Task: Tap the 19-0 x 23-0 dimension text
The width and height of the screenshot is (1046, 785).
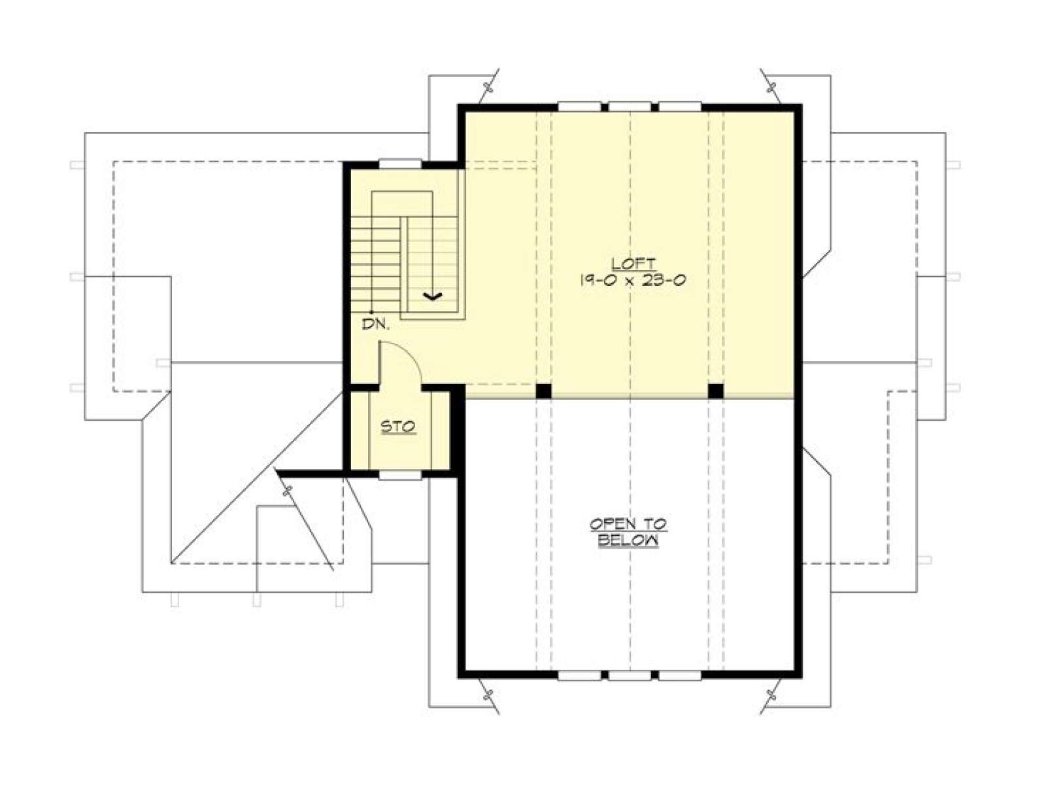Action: pyautogui.click(x=632, y=280)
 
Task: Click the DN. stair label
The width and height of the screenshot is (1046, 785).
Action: pyautogui.click(x=376, y=325)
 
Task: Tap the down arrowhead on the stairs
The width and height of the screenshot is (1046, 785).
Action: pyautogui.click(x=432, y=297)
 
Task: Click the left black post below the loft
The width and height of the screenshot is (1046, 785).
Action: pyautogui.click(x=543, y=391)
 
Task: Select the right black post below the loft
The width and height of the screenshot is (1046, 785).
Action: pyautogui.click(x=715, y=391)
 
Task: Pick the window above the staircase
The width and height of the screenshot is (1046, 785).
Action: pyautogui.click(x=400, y=164)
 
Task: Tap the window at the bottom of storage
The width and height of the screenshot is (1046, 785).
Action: pyautogui.click(x=400, y=475)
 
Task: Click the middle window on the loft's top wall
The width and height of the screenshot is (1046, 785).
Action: pyautogui.click(x=630, y=106)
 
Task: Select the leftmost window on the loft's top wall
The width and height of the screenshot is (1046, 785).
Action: pyautogui.click(x=579, y=106)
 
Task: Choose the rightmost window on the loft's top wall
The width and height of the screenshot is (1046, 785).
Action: pyautogui.click(x=679, y=106)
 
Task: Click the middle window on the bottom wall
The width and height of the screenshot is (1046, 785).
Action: pyautogui.click(x=630, y=675)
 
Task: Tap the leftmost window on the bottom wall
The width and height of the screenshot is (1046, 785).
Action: pyautogui.click(x=579, y=675)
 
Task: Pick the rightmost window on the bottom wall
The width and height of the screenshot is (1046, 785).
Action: pyautogui.click(x=679, y=675)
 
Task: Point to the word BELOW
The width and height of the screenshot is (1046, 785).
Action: pyautogui.click(x=628, y=541)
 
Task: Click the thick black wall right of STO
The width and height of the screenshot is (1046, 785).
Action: pyautogui.click(x=457, y=430)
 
